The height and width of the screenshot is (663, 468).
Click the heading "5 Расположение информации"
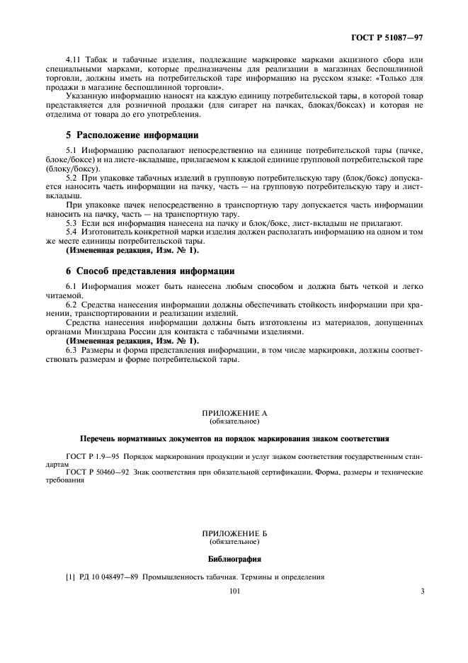tap(132, 135)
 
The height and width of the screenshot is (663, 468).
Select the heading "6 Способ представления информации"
tap(149, 271)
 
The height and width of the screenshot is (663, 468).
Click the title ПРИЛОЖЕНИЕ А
tap(234, 412)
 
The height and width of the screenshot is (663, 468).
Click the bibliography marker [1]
tap(69, 577)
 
